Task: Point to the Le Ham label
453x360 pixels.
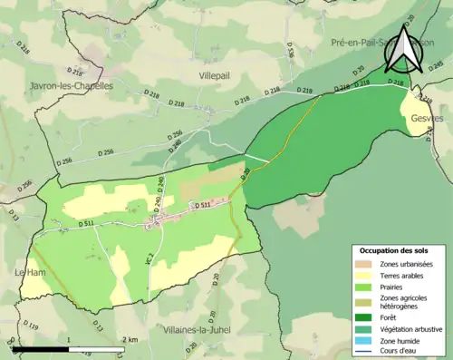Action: click(28, 271)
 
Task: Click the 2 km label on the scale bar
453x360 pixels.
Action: click(131, 339)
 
